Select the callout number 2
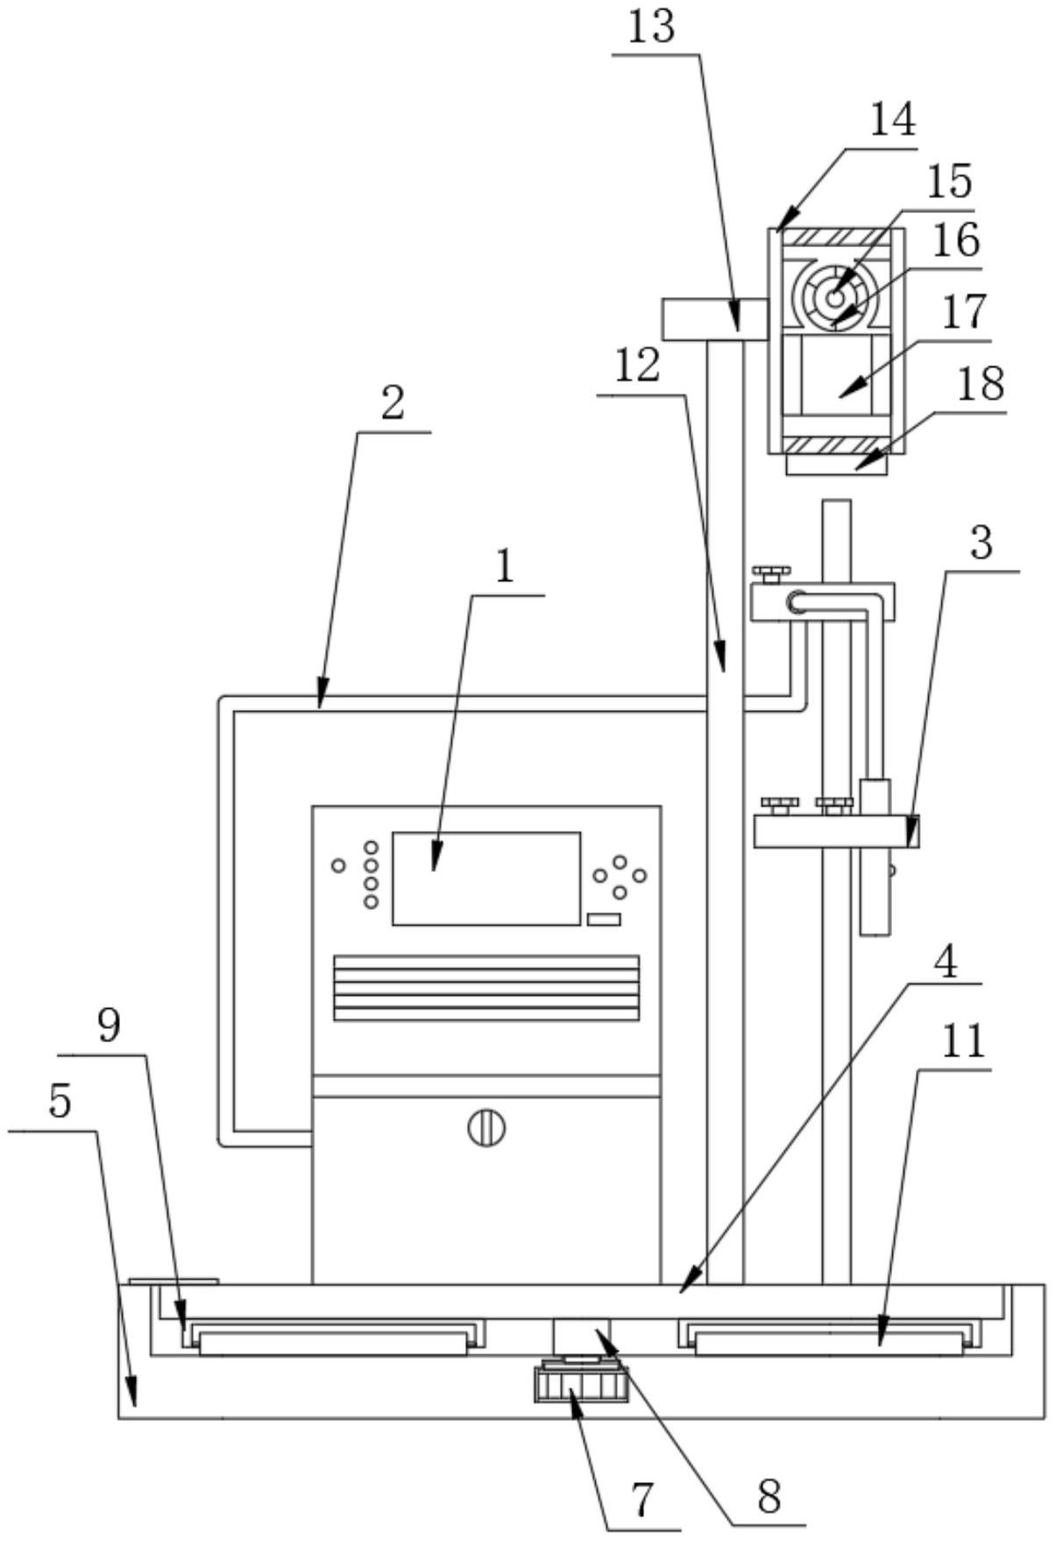click(x=392, y=403)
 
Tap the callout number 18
click(x=980, y=384)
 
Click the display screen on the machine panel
click(x=485, y=878)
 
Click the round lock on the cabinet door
click(x=486, y=1127)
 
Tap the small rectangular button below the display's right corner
click(x=604, y=920)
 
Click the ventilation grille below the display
click(x=485, y=988)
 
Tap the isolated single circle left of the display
click(x=338, y=866)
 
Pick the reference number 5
click(x=59, y=1103)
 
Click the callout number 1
click(x=505, y=568)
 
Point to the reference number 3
click(x=982, y=543)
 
